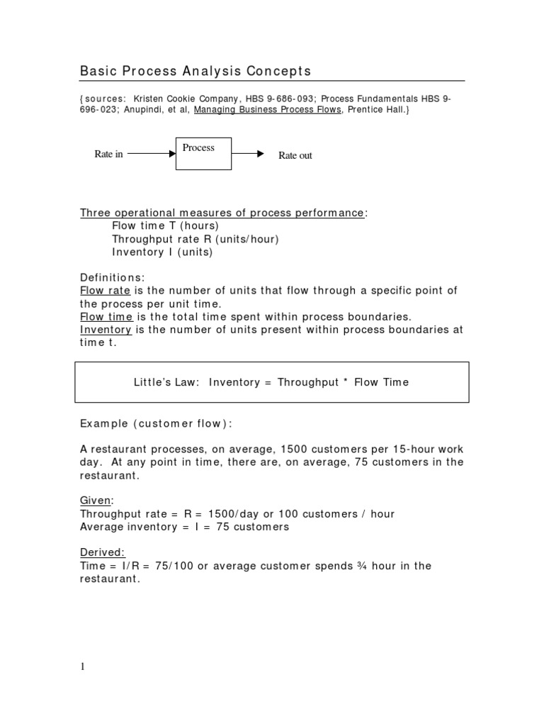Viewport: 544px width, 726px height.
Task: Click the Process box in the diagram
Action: point(203,153)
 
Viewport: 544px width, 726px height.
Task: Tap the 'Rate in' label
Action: point(108,154)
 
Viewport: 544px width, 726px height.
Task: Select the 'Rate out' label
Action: point(295,155)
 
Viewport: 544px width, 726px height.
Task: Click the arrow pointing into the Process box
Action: point(152,152)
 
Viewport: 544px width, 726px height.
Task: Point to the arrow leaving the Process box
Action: point(248,152)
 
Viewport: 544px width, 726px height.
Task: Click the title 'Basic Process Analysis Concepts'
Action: point(195,72)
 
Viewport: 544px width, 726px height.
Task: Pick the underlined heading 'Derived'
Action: point(102,552)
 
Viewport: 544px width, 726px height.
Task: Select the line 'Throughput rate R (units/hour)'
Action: point(195,239)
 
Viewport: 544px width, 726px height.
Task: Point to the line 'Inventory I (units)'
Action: point(162,252)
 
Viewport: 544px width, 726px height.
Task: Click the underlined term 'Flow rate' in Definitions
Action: point(103,291)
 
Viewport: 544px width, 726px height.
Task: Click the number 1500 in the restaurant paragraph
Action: point(295,449)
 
